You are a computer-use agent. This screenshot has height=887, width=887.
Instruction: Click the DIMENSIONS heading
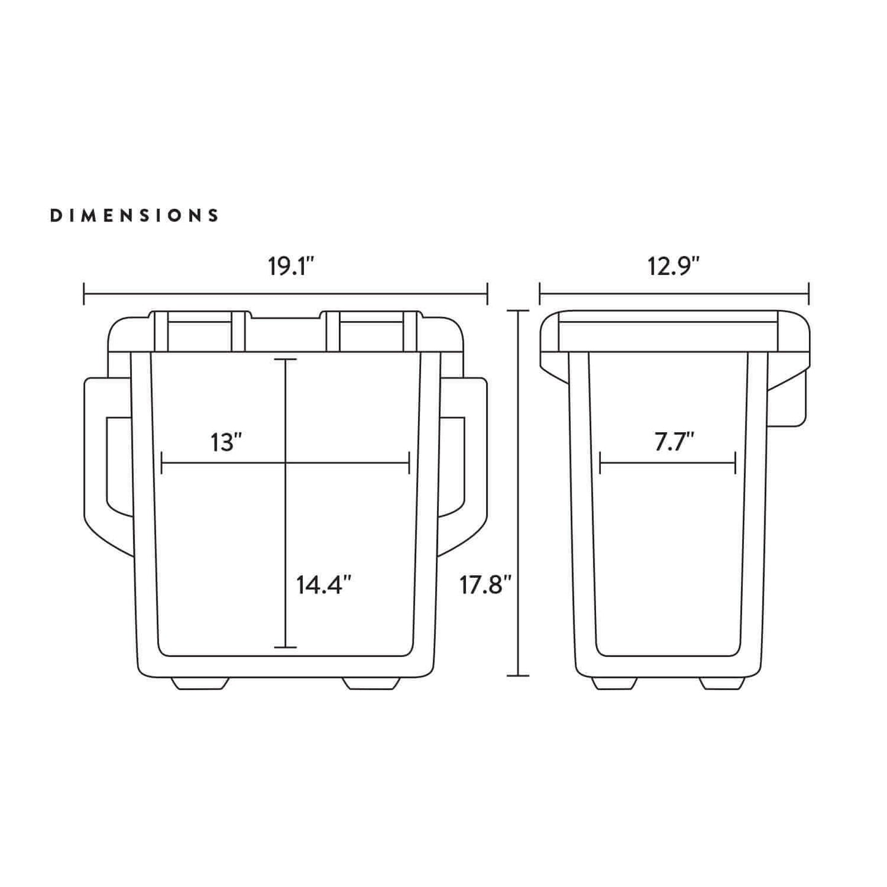[x=134, y=215]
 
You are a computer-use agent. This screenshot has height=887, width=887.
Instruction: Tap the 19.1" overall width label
[x=291, y=267]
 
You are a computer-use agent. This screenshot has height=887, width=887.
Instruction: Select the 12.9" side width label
[x=673, y=267]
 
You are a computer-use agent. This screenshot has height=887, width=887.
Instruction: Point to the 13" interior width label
[x=226, y=442]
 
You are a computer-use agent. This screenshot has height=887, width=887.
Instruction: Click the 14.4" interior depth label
[x=323, y=585]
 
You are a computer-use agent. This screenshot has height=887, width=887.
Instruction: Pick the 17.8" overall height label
[x=486, y=585]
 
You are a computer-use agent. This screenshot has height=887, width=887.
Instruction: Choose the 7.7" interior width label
[x=673, y=442]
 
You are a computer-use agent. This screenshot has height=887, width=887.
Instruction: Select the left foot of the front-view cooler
[x=199, y=683]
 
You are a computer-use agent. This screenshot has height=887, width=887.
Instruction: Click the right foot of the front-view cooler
[x=371, y=683]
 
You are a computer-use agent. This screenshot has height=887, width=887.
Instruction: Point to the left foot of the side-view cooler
[x=614, y=683]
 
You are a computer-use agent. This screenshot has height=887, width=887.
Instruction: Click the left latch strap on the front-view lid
[x=199, y=331]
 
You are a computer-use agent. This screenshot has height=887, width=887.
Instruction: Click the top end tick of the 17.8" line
[x=519, y=311]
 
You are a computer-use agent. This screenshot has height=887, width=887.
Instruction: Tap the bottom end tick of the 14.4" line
[x=285, y=647]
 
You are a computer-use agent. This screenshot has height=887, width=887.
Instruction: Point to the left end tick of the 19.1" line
[x=84, y=293]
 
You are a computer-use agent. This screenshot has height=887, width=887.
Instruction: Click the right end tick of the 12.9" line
[x=808, y=293]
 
